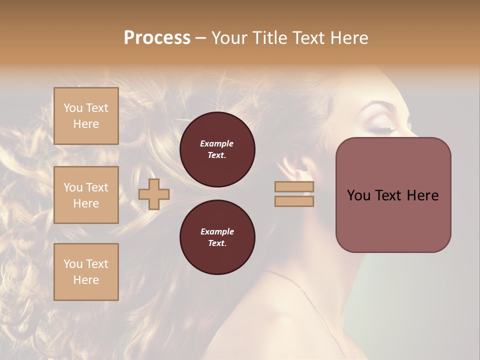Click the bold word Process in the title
click(157, 38)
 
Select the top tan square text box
click(86, 116)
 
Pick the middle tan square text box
click(86, 195)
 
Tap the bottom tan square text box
click(86, 271)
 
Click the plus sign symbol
click(154, 194)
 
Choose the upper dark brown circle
click(217, 149)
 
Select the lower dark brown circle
click(217, 237)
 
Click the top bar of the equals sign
click(294, 187)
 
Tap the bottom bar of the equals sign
click(294, 201)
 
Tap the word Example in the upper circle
click(216, 143)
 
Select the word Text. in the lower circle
click(216, 243)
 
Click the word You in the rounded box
click(358, 195)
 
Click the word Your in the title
click(229, 38)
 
